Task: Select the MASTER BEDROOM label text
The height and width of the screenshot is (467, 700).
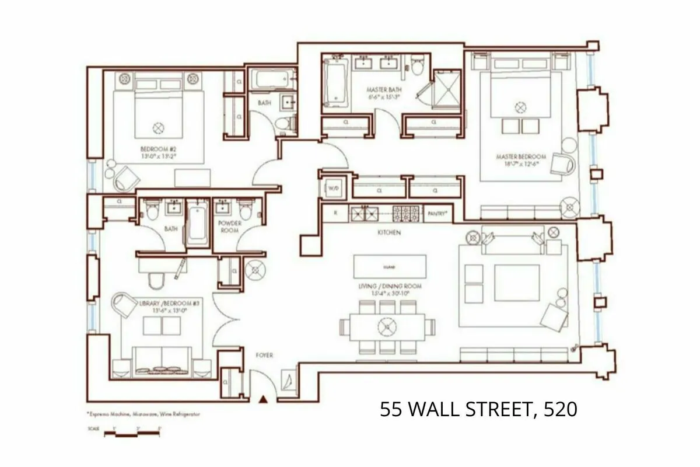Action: coord(521,158)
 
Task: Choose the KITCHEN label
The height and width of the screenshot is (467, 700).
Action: coord(388,232)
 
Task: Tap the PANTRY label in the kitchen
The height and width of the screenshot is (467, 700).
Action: coord(437,214)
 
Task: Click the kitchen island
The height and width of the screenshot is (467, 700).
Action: coord(390,267)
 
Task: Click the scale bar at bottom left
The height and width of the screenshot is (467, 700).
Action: coord(133,433)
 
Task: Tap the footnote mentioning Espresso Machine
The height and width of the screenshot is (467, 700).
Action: coord(143,413)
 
